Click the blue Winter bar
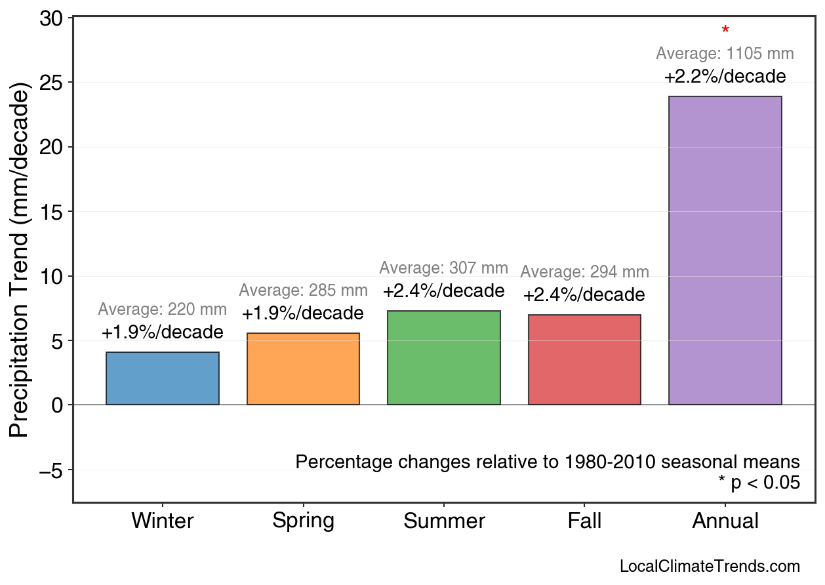163,378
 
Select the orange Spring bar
303,369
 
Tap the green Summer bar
444,358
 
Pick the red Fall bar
584,360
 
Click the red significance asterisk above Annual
725,31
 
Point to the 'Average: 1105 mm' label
725,54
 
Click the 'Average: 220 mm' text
163,310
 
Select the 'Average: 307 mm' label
444,268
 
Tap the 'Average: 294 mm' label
584,272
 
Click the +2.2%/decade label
725,77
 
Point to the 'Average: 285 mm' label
303,291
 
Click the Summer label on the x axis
444,521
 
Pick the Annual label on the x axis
725,521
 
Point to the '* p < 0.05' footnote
759,483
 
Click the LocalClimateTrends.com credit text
710,567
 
